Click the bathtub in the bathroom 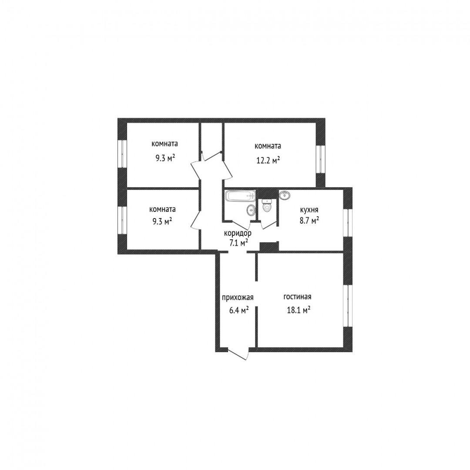pos(240,196)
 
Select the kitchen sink pos(285,195)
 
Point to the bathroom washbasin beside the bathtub pos(251,210)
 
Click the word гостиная pos(297,297)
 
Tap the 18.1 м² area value pos(299,310)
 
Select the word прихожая pos(238,297)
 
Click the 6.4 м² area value pos(239,310)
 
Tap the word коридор pos(238,233)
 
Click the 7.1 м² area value pos(238,242)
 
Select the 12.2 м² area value pos(268,160)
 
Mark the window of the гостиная pos(348,305)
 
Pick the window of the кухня pos(348,223)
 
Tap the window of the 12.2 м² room pos(321,159)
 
